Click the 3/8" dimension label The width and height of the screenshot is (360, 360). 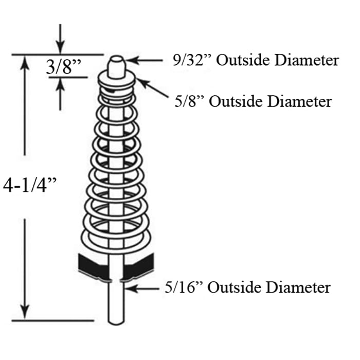coord(64,66)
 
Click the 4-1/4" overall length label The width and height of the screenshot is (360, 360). coord(30,185)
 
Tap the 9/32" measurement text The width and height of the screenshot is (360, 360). coord(192,60)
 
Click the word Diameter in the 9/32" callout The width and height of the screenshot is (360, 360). coord(307,60)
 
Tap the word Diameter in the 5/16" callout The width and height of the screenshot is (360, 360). coord(298,287)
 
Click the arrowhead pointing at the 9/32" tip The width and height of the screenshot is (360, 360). coord(131,60)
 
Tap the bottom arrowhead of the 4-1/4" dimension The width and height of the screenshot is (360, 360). coord(25,312)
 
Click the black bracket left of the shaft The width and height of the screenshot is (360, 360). coord(93,266)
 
